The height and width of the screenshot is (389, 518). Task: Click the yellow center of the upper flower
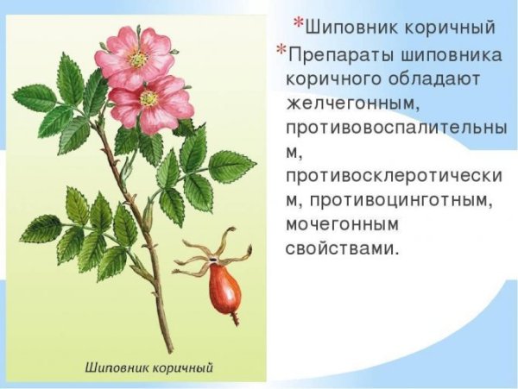coord(137,59)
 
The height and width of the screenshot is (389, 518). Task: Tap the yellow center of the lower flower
coord(149,98)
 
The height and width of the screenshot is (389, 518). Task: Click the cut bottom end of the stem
coord(168,349)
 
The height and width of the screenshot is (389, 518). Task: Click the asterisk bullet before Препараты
coord(281,51)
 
